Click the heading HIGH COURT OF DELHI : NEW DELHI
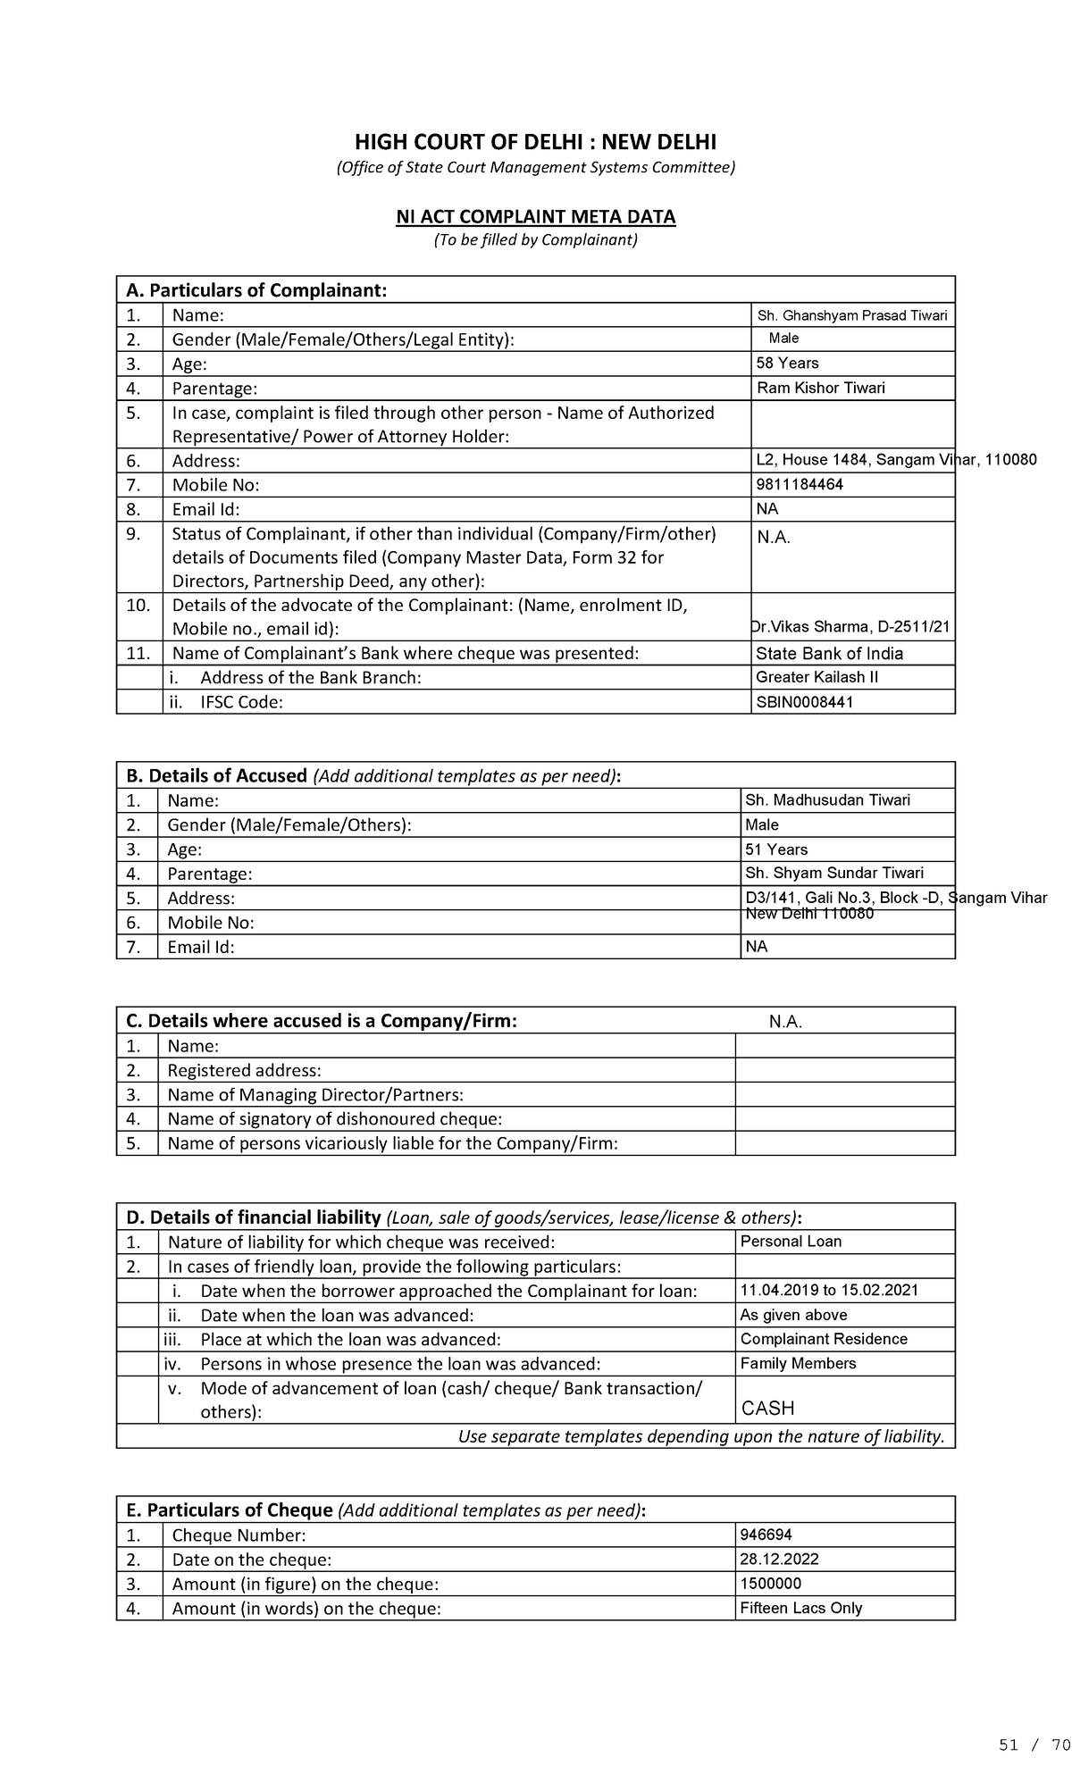coord(536,142)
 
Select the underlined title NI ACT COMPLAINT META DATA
coord(536,217)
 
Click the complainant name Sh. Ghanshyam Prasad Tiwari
coord(852,315)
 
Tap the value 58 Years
coord(788,363)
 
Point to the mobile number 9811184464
coord(800,484)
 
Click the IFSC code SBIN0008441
coord(805,702)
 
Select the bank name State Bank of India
coord(829,653)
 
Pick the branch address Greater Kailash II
coord(817,677)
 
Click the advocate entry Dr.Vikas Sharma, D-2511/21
coord(851,627)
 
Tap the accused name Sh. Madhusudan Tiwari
coord(827,799)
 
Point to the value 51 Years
coord(776,849)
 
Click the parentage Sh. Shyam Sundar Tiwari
coord(834,873)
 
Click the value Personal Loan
coord(791,1242)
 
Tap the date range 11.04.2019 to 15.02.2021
coord(829,1290)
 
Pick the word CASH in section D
coord(768,1409)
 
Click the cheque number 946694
coord(766,1535)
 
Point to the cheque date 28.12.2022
coord(779,1560)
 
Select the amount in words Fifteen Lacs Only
coord(801,1608)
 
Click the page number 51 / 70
coord(1034,1745)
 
